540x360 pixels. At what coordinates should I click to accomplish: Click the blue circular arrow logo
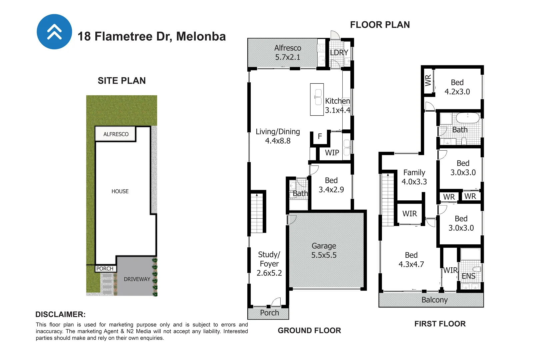pos(54,32)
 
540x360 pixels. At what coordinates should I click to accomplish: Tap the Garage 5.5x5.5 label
pos(324,251)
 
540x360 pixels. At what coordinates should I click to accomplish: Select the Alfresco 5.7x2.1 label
pos(287,53)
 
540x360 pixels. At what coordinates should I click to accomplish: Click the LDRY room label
pos(339,53)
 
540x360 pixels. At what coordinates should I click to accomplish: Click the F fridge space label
pos(320,136)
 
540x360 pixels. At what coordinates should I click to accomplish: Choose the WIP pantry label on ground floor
pos(332,153)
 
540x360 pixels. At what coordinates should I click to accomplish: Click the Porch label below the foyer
pos(269,313)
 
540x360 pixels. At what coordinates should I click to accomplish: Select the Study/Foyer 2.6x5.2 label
pos(269,264)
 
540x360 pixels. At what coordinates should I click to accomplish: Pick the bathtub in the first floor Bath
pos(467,118)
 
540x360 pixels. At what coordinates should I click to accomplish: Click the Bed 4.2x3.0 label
pos(457,87)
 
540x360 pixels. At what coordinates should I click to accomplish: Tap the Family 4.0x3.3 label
pos(414,177)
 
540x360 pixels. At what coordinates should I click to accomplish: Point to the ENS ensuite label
pos(468,276)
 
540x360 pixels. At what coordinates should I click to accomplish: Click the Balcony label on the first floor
pos(434,300)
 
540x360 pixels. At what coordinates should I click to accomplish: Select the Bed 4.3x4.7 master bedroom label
pos(411,260)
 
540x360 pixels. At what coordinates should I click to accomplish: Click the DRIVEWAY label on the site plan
pos(137,279)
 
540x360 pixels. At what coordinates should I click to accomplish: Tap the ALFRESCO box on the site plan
pos(116,134)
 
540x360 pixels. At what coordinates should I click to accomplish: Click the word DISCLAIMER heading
pos(60,314)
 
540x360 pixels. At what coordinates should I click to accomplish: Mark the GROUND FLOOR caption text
pos(309,331)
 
